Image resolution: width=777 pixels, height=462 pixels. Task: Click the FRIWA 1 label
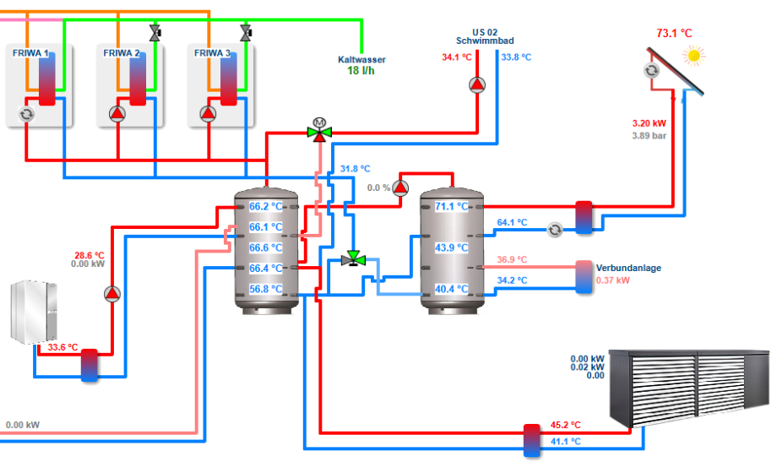tap(30, 53)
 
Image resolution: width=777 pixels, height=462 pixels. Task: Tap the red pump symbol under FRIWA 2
tap(117, 115)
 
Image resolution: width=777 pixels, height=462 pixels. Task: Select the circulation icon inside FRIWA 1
tap(27, 115)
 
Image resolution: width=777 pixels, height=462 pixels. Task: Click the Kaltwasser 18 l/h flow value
tap(361, 71)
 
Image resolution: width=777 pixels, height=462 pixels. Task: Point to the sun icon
tap(693, 56)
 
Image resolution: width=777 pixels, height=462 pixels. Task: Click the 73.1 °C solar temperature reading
tap(674, 33)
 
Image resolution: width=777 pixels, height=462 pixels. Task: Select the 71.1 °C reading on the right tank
tap(452, 206)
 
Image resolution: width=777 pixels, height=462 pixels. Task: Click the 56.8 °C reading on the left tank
tap(265, 289)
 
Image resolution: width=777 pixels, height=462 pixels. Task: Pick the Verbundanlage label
tap(628, 269)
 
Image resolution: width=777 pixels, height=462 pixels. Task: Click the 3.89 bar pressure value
tap(649, 136)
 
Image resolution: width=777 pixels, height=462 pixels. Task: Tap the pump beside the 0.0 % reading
tap(400, 188)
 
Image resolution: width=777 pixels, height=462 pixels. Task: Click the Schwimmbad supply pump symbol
tap(477, 85)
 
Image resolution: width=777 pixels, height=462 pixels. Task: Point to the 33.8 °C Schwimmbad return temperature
tap(516, 57)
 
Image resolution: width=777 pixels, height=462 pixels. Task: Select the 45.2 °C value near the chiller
tap(565, 426)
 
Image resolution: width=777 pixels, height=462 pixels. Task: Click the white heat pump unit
tap(34, 312)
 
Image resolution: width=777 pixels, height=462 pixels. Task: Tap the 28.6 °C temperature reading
tap(90, 256)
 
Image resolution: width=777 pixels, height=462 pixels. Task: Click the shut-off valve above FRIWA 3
tap(246, 33)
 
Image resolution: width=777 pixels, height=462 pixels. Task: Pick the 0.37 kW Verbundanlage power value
tap(612, 280)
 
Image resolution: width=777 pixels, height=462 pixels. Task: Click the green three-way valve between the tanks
tap(353, 258)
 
